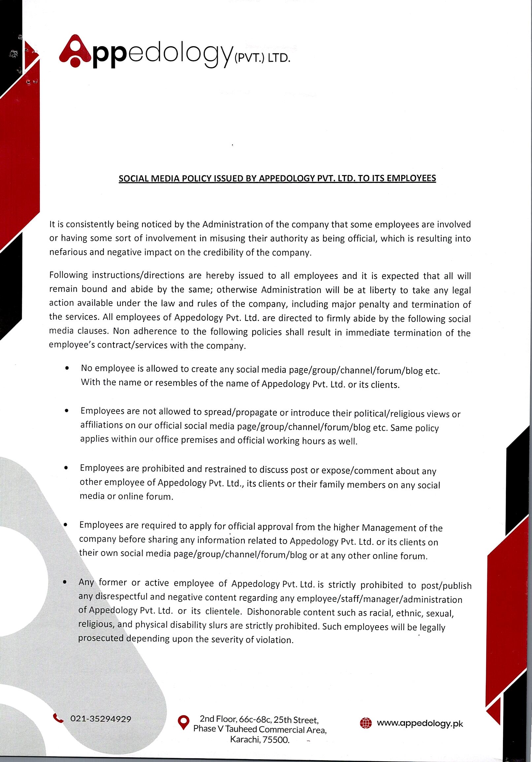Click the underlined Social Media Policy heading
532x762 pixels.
(277, 178)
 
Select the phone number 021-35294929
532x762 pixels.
(101, 719)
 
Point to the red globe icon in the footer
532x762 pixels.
(366, 723)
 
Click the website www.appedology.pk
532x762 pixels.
(420, 723)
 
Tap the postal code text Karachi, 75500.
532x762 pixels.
(260, 740)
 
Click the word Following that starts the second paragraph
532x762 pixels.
(68, 275)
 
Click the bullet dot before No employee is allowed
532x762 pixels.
(67, 368)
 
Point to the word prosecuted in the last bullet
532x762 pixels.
(101, 638)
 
